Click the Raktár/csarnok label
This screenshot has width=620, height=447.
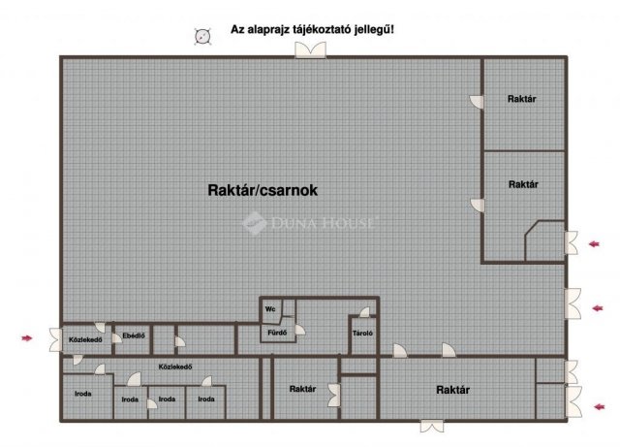point(263,190)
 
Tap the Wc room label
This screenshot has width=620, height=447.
point(270,308)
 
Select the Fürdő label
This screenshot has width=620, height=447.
point(277,333)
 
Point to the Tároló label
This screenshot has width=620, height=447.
point(362,334)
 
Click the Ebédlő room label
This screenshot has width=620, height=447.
point(134,335)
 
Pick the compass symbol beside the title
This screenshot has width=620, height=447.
point(202,37)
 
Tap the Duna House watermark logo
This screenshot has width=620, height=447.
point(308,223)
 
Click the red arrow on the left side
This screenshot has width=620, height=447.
point(27,338)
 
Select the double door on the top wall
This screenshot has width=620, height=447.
point(311,50)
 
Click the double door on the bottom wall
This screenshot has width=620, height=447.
point(432,427)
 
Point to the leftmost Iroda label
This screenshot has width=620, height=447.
point(83,394)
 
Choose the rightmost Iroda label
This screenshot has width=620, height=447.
point(206,399)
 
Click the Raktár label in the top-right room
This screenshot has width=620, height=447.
point(522,99)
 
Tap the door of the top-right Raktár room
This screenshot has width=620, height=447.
point(477,102)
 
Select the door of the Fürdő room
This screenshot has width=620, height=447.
point(300,330)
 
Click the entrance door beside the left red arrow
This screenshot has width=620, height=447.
point(56,339)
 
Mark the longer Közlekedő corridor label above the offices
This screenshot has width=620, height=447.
point(175,367)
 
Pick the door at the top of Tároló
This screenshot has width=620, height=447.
point(364,312)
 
